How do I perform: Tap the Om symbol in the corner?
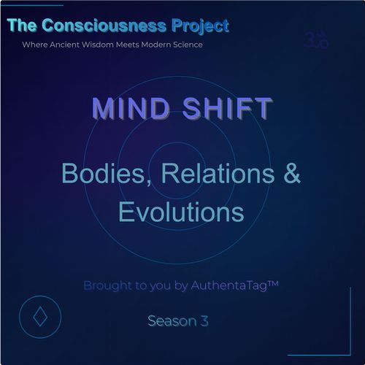[316, 40]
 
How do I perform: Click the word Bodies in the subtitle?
[93, 175]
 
